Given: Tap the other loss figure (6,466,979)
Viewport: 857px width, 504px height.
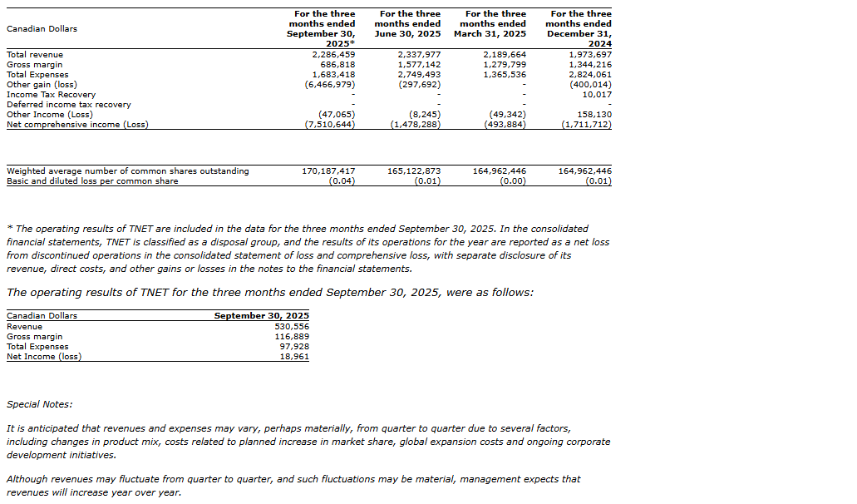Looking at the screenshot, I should coord(330,85).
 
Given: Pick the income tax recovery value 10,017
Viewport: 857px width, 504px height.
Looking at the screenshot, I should coord(594,95).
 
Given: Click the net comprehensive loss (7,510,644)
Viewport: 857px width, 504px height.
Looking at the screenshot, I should coord(330,125).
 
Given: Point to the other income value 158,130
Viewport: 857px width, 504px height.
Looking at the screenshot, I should coord(593,115).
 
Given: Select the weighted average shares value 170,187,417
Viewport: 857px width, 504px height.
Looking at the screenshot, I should coord(328,171).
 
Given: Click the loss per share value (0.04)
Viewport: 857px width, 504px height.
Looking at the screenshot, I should coord(341,181).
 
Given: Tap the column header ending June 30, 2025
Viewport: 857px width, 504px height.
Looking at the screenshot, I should coord(409,24).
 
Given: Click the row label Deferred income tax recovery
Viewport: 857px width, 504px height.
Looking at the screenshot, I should coord(69,105).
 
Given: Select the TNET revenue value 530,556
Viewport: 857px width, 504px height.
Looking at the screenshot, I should coord(291,327).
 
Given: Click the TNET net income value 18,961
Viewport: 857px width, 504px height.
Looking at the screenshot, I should coord(293,357).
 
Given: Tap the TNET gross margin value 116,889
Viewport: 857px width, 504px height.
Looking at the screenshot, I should coord(291,337).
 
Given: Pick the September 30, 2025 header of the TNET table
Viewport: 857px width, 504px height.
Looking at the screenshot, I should coord(261,316).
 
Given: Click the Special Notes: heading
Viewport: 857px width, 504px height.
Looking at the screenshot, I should coord(39,404).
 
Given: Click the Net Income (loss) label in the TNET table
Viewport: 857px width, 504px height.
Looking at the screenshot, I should coord(44,357).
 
